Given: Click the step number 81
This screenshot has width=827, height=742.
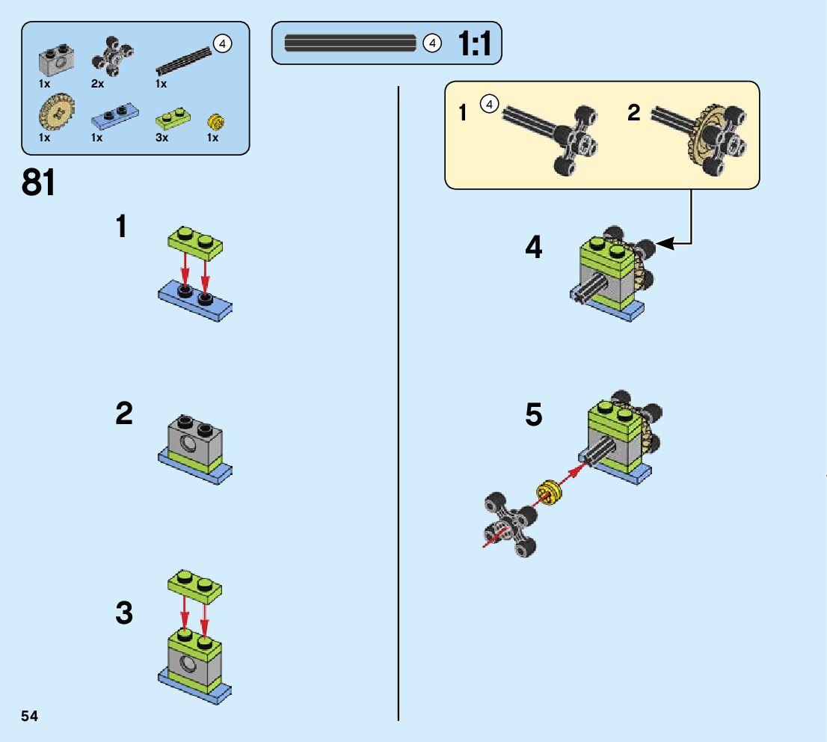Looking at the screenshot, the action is [x=38, y=183].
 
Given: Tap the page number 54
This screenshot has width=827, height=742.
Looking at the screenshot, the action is [x=30, y=716].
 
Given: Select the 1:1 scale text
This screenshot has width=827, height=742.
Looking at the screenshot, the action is [x=475, y=43].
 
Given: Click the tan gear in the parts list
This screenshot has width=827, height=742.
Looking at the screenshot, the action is [x=56, y=111].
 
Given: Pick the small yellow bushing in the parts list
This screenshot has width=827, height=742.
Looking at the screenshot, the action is [x=215, y=122].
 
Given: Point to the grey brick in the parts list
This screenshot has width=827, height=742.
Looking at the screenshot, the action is [x=56, y=60].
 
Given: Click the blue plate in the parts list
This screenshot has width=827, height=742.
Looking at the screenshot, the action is [x=115, y=117].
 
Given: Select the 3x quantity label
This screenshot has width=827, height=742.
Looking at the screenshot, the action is [x=162, y=138].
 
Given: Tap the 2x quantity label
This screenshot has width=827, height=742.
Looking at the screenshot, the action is [x=97, y=84].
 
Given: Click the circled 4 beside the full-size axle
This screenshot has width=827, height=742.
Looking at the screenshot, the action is [x=432, y=43].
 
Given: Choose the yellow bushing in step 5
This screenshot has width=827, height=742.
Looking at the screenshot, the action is [x=550, y=492].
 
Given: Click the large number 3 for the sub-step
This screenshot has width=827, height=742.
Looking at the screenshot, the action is [x=124, y=613].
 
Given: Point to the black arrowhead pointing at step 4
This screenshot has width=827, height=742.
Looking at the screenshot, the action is [x=665, y=243].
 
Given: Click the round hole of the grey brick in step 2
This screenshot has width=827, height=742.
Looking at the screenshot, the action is [x=187, y=444].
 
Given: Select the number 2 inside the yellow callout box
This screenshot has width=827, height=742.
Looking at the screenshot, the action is [x=634, y=112].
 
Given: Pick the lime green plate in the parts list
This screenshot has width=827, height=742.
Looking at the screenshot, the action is [x=173, y=119].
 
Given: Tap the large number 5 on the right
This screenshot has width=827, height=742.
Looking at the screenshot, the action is [x=534, y=414].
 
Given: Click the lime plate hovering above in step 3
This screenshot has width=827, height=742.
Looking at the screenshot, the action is [x=195, y=586].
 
